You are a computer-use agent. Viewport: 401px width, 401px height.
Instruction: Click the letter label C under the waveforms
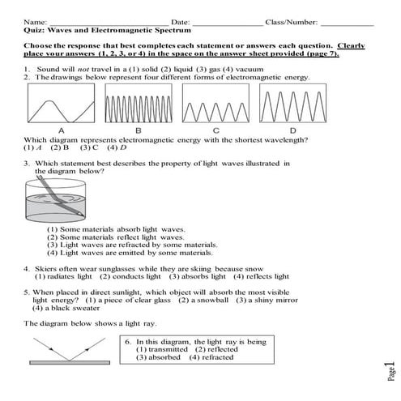(x=215, y=130)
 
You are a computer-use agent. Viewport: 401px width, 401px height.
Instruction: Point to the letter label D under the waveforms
(x=292, y=130)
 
